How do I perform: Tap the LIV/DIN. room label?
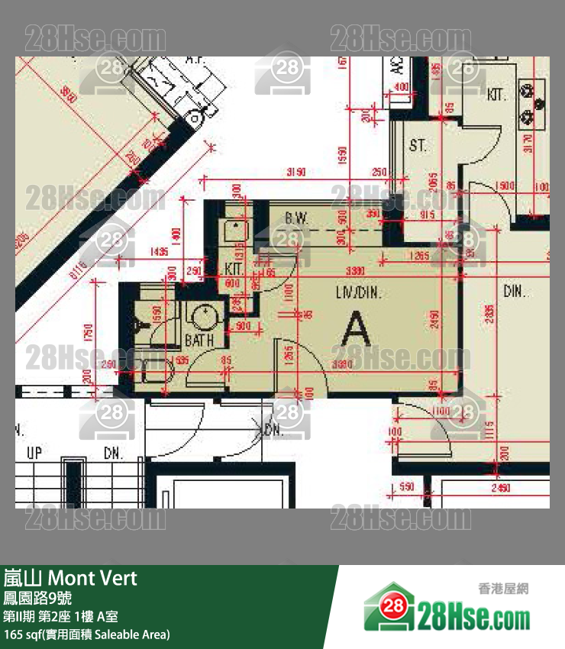point(358,292)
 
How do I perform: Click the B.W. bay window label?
point(296,219)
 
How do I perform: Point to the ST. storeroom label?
point(417,145)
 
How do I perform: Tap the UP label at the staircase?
point(34,453)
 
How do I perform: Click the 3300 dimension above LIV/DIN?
point(354,271)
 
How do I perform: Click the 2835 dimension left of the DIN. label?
point(489,312)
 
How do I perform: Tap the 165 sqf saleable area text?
point(86,634)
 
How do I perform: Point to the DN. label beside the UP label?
point(113,453)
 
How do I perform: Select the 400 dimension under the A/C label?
point(399,87)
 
